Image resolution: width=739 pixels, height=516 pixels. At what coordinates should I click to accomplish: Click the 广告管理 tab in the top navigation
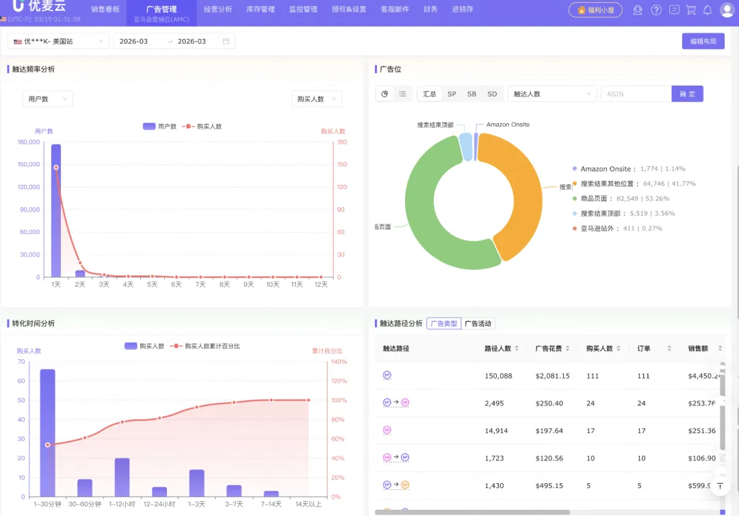pyautogui.click(x=161, y=10)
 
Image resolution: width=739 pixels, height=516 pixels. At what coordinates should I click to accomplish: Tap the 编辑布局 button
pyautogui.click(x=703, y=41)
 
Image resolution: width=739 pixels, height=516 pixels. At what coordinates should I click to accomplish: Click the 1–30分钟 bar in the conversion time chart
pyautogui.click(x=47, y=433)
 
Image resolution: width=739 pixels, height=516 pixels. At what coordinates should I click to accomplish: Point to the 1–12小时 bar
pyautogui.click(x=122, y=477)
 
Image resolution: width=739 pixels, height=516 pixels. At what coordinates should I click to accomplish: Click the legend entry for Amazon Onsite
pyautogui.click(x=606, y=169)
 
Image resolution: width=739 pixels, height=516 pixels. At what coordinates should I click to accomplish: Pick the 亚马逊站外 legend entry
pyautogui.click(x=598, y=229)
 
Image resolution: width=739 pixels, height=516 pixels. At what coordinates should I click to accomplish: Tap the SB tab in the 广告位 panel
pyautogui.click(x=471, y=94)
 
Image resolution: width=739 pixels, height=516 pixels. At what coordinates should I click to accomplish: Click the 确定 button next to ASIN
pyautogui.click(x=687, y=94)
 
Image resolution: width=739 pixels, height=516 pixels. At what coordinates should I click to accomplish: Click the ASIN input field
pyautogui.click(x=636, y=94)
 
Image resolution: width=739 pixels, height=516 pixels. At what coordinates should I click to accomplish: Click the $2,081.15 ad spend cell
pyautogui.click(x=548, y=376)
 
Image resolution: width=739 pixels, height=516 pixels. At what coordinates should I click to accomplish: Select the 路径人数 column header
pyautogui.click(x=497, y=348)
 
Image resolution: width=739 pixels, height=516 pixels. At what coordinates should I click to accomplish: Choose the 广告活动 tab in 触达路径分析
pyautogui.click(x=478, y=324)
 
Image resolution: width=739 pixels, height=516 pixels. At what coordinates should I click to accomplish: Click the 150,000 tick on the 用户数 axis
pyautogui.click(x=28, y=164)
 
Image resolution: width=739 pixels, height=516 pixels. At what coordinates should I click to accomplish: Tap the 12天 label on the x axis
pyautogui.click(x=321, y=284)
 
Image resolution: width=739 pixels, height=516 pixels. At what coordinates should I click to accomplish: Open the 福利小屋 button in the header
pyautogui.click(x=595, y=10)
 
